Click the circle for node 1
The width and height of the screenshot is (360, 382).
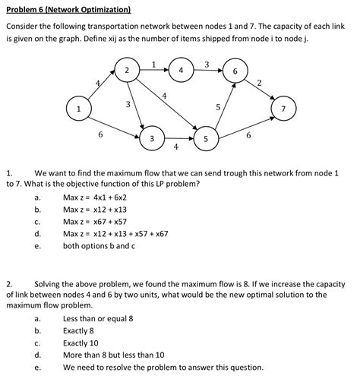78,109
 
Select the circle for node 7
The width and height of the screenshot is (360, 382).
283,109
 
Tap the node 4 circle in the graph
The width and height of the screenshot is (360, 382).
181,71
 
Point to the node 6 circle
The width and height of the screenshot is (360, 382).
235,71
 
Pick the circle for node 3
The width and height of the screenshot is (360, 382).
152,139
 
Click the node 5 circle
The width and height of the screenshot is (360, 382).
206,139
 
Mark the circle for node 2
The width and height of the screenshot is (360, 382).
127,71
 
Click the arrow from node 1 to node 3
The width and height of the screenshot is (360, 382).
114,125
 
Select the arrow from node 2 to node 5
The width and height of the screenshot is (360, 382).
167,106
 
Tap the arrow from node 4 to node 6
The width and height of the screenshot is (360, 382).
208,71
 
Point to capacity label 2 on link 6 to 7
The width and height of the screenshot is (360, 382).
260,82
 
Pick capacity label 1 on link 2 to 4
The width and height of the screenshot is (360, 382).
154,64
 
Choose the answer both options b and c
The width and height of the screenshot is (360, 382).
99,246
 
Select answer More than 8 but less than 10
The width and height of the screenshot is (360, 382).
113,355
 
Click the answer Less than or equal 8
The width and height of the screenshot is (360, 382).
98,319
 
